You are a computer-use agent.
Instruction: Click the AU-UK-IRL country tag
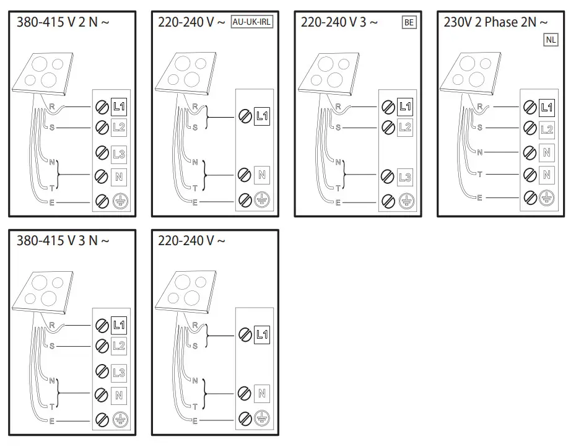[253, 23]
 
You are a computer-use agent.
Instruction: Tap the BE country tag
[408, 23]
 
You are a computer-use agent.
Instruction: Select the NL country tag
[551, 40]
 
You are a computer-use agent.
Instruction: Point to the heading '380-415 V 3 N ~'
[63, 240]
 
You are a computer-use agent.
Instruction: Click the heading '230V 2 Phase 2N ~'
[495, 23]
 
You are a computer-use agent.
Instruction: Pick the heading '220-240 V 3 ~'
[339, 23]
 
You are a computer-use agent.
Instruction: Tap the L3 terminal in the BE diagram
[405, 177]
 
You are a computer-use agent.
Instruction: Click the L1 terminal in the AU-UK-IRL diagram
[262, 116]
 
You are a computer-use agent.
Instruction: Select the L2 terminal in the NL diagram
[546, 129]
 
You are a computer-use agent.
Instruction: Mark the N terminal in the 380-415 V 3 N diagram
[119, 394]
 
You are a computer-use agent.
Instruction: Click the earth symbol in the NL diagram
[546, 197]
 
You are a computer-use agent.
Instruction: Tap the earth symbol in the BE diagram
[405, 201]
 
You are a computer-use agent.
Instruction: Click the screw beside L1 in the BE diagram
[388, 106]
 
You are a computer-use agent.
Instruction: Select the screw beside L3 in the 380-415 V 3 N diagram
[102, 371]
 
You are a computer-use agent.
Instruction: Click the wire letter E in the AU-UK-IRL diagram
[195, 203]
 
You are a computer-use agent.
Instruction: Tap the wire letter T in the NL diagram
[480, 175]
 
